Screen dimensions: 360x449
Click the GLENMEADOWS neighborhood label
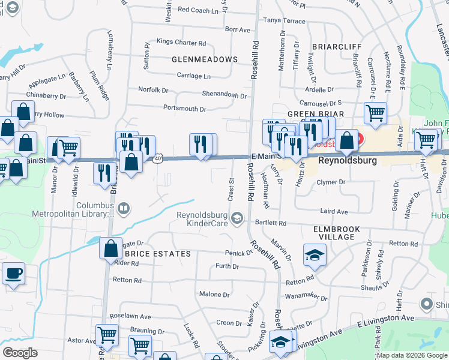tap(205, 59)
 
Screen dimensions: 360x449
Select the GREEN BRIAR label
tap(315, 114)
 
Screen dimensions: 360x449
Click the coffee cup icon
tap(13, 274)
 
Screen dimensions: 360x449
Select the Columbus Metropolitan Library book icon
tap(123, 209)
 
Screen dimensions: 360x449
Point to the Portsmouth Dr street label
tap(185, 109)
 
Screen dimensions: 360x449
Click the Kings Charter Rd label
tap(181, 43)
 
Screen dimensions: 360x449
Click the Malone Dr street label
tap(214, 295)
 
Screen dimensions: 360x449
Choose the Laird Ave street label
tap(334, 212)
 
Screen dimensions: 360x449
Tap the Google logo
tap(20, 352)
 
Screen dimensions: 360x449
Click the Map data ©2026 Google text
tap(412, 355)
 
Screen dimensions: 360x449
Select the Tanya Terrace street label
tap(284, 20)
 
